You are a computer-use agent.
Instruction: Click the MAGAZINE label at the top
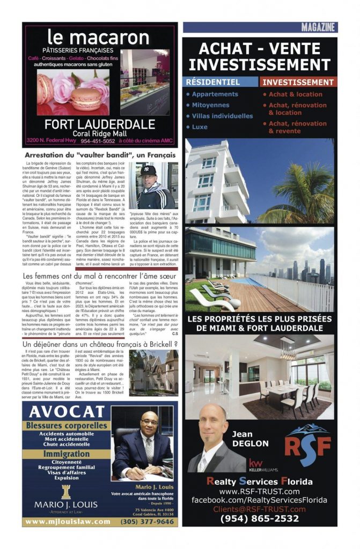(x=319, y=27)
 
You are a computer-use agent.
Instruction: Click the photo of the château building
(x=153, y=373)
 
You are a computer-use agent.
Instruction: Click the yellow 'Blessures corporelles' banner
(x=67, y=425)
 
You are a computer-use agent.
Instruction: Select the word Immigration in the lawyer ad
(x=67, y=454)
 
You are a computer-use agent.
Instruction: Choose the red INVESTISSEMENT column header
(x=298, y=82)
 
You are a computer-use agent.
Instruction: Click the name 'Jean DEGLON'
(x=250, y=439)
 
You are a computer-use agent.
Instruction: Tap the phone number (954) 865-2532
(x=260, y=518)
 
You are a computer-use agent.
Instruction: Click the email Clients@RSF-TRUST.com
(x=260, y=509)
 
